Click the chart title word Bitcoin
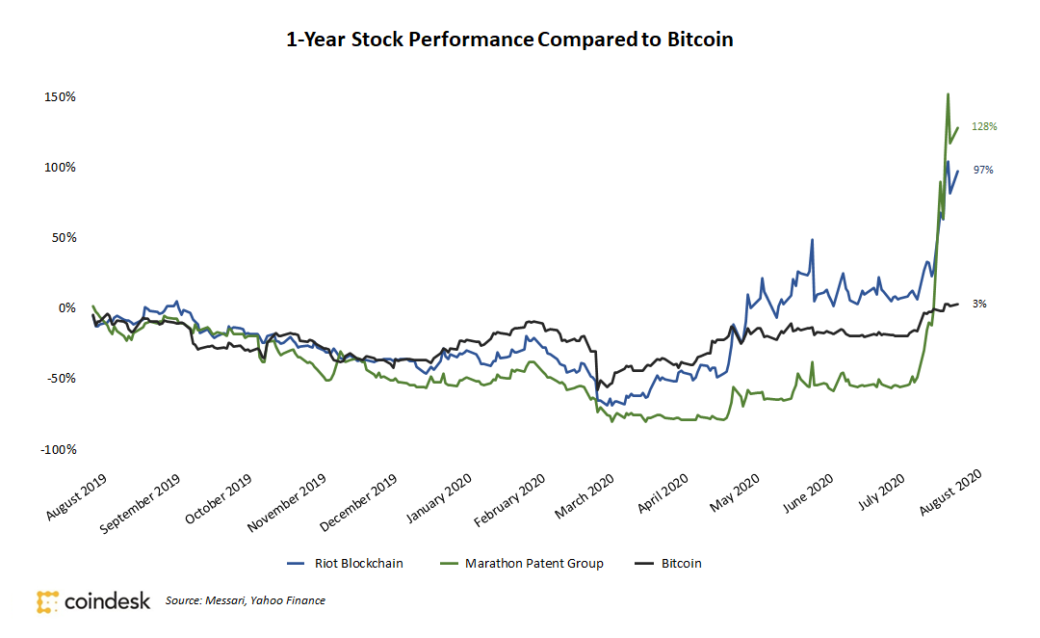[x=700, y=40]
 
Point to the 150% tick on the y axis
[x=60, y=97]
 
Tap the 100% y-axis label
[x=60, y=168]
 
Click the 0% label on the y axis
[x=65, y=308]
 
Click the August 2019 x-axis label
[x=76, y=496]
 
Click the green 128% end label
[x=983, y=126]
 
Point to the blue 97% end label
[x=982, y=170]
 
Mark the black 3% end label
[x=978, y=304]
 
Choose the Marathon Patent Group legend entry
[x=520, y=563]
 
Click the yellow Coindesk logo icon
[x=48, y=601]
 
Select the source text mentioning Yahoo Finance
[x=245, y=600]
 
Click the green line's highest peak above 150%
[x=949, y=94]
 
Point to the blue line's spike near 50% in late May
[x=813, y=240]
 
